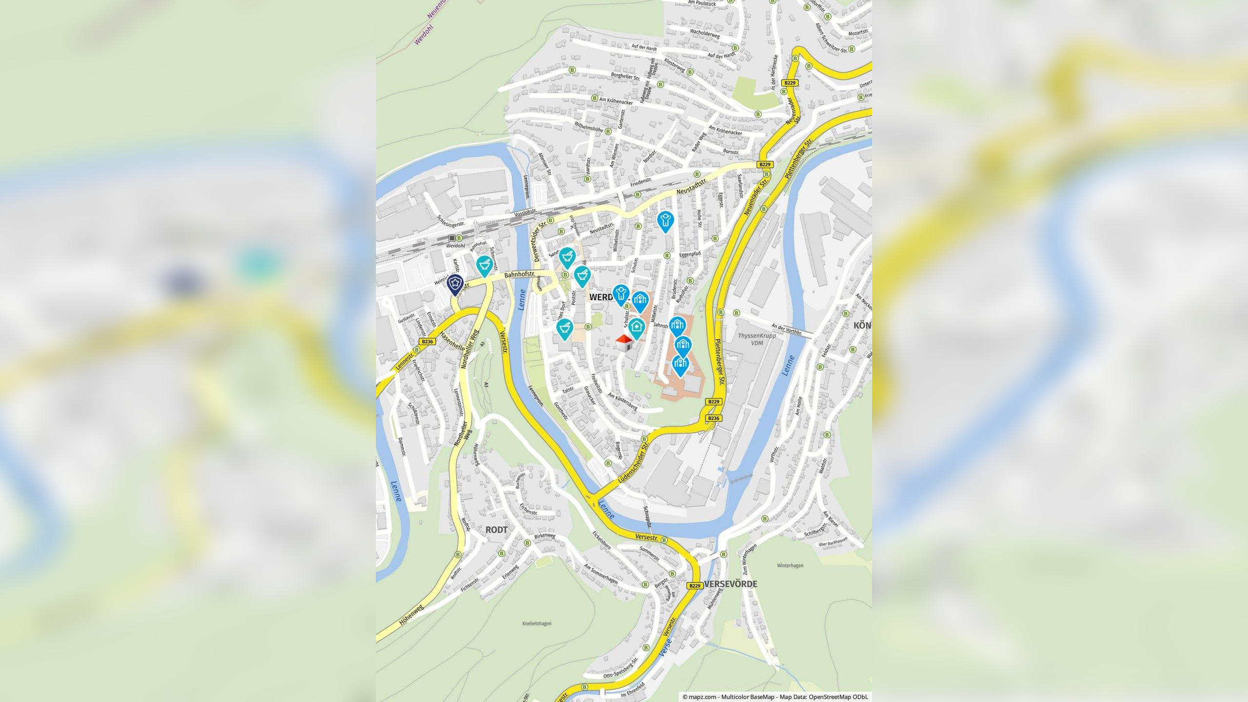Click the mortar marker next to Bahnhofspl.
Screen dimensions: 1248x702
coord(484,265)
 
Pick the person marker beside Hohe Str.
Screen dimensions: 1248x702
coord(665,220)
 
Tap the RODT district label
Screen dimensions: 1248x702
coord(496,530)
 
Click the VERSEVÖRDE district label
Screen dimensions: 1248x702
coord(730,584)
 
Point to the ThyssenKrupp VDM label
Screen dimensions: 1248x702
coord(757,339)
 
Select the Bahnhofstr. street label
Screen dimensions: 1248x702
coord(520,275)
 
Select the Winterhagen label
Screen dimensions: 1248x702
coord(790,565)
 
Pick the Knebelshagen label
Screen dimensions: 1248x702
coord(537,624)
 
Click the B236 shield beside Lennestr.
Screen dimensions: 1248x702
coord(427,342)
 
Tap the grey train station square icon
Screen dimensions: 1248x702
coord(452,238)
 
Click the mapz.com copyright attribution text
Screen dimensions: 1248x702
coord(775,697)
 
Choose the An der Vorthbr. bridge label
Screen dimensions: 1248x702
coord(786,329)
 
